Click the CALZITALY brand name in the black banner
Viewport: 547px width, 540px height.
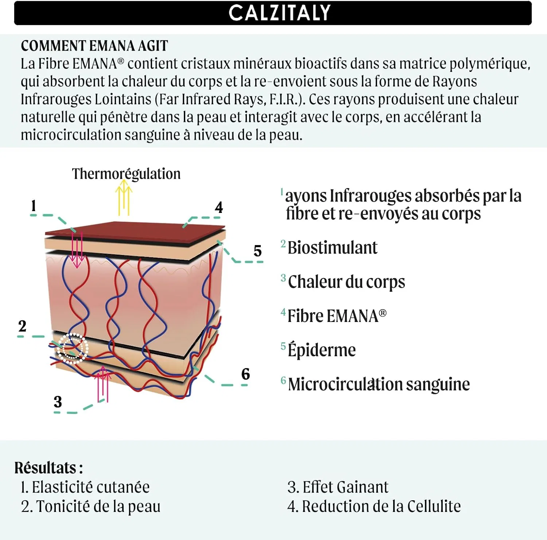coord(280,13)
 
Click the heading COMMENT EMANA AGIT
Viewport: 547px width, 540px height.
coord(94,46)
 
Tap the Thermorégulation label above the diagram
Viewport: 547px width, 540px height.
coord(126,174)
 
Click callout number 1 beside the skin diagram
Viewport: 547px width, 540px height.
coord(34,206)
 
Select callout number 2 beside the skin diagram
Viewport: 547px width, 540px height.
coord(22,326)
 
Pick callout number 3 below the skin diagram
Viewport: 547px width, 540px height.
coord(58,402)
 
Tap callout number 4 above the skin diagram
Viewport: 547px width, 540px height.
coord(219,207)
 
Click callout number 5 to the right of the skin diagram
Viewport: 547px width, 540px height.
coord(257,251)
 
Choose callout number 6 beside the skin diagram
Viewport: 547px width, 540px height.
coord(245,374)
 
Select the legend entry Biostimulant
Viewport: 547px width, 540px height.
coord(332,248)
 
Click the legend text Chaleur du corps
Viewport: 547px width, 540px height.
coord(346,282)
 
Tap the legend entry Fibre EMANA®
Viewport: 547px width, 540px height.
coord(337,316)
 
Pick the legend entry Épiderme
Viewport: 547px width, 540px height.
coord(322,349)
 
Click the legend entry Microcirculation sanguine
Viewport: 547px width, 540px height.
coord(379,384)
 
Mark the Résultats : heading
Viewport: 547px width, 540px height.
coord(49,468)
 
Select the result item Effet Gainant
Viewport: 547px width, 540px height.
coord(338,487)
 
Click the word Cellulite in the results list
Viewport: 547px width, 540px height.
coord(434,506)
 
